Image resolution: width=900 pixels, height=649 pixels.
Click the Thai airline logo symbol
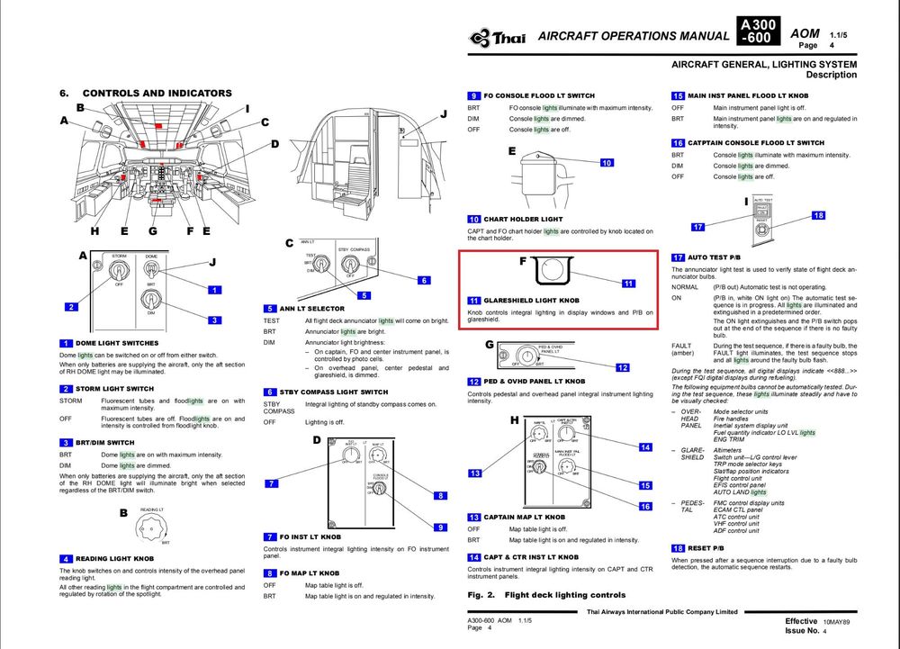click(479, 37)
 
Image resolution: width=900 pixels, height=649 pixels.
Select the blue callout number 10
click(607, 162)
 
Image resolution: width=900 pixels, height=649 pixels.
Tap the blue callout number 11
click(629, 284)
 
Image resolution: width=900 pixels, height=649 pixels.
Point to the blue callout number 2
click(69, 307)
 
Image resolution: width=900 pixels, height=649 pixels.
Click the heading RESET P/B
click(710, 548)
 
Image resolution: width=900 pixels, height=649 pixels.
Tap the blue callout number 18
click(818, 215)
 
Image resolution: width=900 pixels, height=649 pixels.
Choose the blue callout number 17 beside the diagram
click(697, 227)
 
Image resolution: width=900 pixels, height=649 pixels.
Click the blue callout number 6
click(424, 280)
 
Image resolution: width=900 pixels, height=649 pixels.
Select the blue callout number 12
click(622, 367)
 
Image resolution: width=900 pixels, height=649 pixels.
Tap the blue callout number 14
click(644, 447)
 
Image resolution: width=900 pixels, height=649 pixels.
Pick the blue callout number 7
click(271, 483)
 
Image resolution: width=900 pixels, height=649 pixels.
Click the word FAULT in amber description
click(681, 346)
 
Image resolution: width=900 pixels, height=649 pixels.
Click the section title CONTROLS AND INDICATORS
click(157, 93)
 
